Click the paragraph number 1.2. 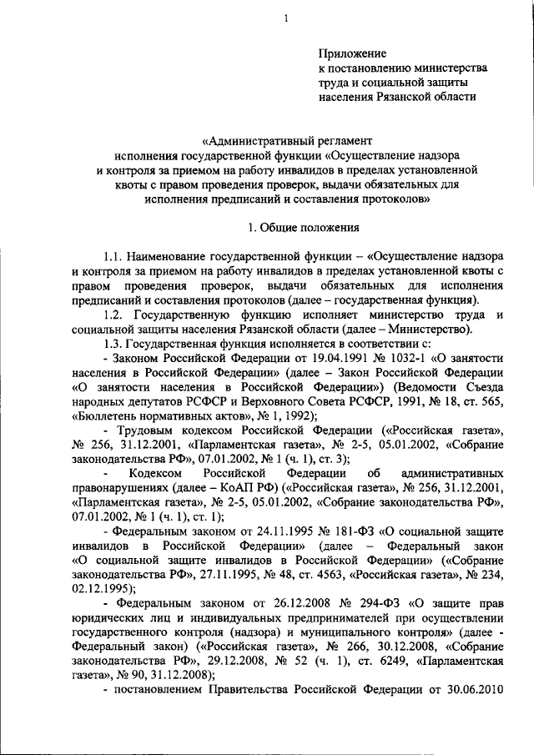[112, 315]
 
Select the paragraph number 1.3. [112, 345]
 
